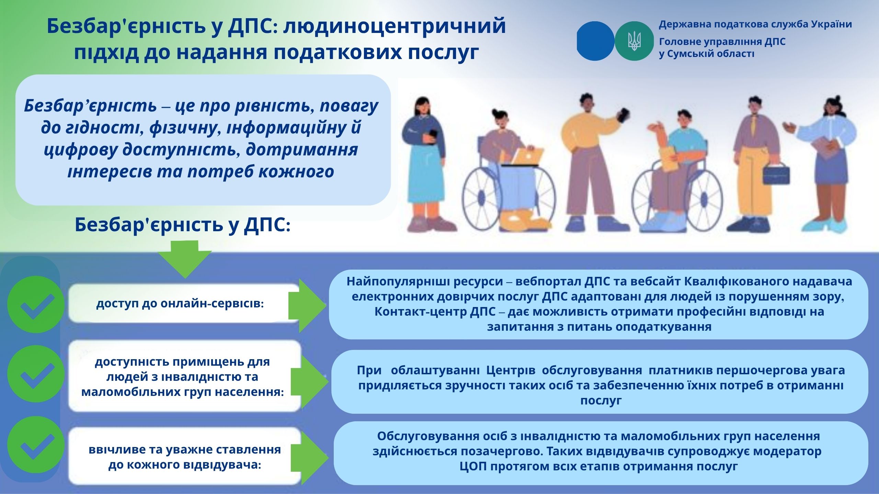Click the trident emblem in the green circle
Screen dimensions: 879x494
tap(634, 41)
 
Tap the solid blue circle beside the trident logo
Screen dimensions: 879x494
tap(595, 41)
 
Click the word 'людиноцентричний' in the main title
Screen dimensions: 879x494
tap(395, 26)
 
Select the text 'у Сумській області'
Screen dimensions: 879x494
tap(707, 54)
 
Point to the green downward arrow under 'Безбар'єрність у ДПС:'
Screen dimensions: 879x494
tap(185, 259)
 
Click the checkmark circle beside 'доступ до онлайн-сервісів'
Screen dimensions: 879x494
tap(36, 305)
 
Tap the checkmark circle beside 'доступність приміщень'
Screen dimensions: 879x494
tap(36, 374)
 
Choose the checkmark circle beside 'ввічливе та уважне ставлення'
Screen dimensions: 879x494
tap(36, 445)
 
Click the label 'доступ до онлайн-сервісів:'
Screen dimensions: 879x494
tap(180, 304)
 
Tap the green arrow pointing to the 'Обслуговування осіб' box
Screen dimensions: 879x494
tap(309, 458)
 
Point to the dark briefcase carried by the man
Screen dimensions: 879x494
tap(776, 173)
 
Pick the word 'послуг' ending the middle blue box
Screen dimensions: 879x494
tap(601, 401)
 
